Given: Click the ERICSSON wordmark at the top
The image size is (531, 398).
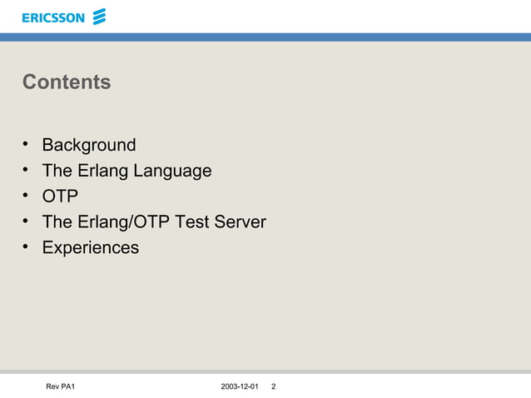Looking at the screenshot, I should click(52, 17).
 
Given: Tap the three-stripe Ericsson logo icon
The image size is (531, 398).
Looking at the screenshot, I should click(100, 17).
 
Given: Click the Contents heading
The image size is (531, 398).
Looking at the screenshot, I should click(67, 82).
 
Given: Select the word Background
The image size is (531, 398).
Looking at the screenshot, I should click(89, 146).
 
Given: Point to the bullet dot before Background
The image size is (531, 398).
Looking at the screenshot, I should click(27, 146).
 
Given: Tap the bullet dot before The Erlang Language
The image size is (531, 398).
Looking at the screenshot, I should click(27, 172).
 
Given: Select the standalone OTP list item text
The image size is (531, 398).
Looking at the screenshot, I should click(61, 197).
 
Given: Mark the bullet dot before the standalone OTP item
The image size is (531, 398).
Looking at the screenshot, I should click(27, 197).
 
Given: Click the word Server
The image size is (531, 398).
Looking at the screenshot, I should click(241, 222).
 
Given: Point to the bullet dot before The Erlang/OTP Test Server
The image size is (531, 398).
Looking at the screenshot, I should click(27, 222).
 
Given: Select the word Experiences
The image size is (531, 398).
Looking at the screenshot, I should click(91, 248).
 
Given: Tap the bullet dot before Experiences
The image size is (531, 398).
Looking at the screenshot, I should click(27, 248).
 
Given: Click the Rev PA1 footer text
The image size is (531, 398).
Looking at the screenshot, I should click(61, 387).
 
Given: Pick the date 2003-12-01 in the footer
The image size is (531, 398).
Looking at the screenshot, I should click(241, 387).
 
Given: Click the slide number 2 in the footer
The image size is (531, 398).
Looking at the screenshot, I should click(274, 387).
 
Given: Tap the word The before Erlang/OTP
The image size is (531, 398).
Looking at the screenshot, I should click(57, 222).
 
